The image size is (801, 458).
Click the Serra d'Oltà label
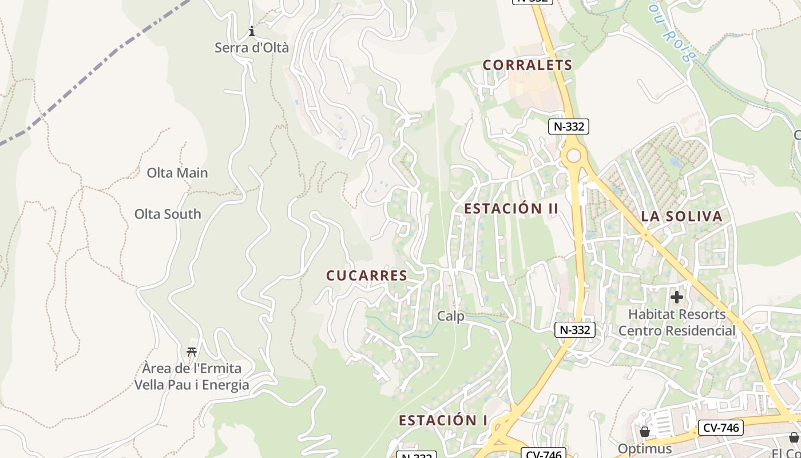coord(251,48)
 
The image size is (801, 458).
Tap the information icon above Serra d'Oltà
coord(251,31)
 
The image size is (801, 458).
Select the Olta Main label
coord(177,172)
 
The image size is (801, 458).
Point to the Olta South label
coord(168,214)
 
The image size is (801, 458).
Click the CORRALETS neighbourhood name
coord(527,65)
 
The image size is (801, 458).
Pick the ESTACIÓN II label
coord(510,209)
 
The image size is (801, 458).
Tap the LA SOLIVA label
coord(681,216)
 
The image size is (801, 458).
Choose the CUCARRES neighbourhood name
coord(367,276)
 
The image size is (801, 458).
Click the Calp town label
coord(451,316)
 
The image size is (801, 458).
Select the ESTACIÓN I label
coord(443,421)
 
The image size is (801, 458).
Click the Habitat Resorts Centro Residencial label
coord(677,322)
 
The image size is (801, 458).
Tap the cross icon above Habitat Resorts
coord(677,297)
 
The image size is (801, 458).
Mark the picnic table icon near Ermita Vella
coord(192,352)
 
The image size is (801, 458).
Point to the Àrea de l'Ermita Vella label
coord(192,376)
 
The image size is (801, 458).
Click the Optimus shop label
coord(645,448)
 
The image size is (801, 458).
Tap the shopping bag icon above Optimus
coord(645,432)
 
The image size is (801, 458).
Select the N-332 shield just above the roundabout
coord(568,127)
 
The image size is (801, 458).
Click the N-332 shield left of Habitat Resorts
coord(574,330)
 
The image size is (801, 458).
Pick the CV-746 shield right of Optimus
coord(720,428)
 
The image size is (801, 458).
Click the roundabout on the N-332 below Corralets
coord(573,155)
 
